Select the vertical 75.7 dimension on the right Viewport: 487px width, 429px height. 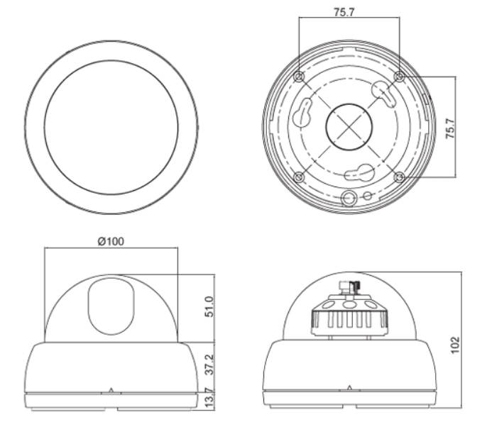[x=449, y=125]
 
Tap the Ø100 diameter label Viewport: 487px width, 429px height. [x=111, y=241]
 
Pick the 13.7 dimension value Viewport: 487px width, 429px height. [x=209, y=399]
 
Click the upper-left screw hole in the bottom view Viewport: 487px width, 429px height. [x=300, y=75]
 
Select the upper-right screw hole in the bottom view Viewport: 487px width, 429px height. [x=398, y=75]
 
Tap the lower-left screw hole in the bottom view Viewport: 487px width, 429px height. [x=300, y=175]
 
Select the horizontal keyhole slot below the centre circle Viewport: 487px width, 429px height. [x=358, y=172]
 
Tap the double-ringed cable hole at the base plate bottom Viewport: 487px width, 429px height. [x=349, y=196]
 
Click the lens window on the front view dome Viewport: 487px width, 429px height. [x=111, y=306]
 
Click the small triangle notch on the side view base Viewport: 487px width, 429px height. [x=349, y=387]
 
